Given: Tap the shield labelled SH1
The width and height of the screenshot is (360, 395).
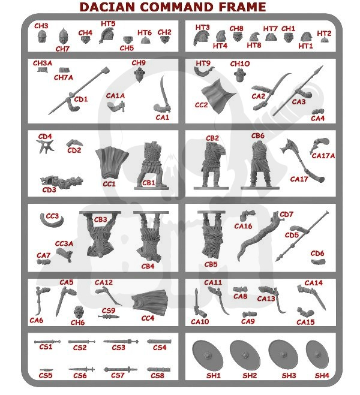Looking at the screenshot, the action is click(x=208, y=355).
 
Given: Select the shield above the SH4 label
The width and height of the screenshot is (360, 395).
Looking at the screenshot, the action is click(x=317, y=355).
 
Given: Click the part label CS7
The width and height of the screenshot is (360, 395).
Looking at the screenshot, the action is click(x=118, y=375).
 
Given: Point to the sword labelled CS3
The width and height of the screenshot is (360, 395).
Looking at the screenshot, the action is click(x=121, y=341).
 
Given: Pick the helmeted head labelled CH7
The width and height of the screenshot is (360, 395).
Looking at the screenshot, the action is click(x=63, y=36).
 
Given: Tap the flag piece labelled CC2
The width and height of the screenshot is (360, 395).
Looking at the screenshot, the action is click(x=218, y=96).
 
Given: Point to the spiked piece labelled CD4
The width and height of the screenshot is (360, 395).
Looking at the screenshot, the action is click(x=46, y=146).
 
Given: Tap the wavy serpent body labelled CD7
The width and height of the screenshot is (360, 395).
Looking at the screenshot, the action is click(x=257, y=237).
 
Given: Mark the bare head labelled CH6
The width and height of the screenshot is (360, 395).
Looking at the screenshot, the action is click(x=79, y=313).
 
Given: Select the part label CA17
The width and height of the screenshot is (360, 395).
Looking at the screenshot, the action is click(x=299, y=179).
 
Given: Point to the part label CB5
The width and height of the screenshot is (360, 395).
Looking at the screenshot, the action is click(x=211, y=264).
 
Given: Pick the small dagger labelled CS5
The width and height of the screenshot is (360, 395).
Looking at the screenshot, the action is click(x=46, y=370).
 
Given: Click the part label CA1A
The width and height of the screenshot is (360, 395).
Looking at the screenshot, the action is click(x=115, y=95).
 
